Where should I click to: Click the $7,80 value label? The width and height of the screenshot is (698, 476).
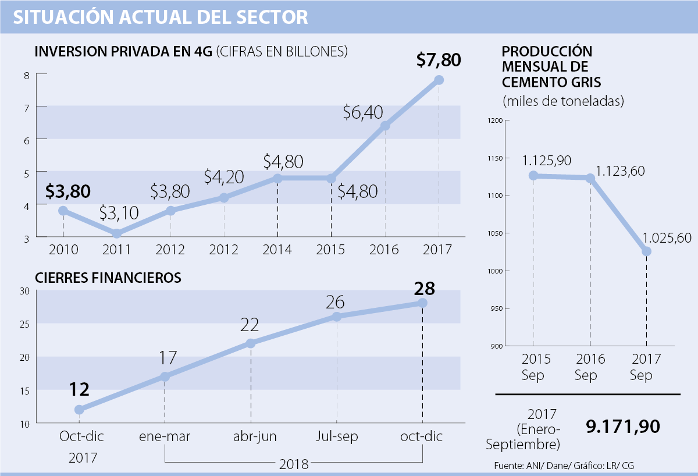click(439, 59)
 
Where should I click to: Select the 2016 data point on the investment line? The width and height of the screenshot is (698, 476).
click(385, 126)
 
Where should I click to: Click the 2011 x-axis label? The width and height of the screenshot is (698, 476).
click(117, 250)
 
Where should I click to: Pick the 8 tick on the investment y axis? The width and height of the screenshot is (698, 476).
click(27, 74)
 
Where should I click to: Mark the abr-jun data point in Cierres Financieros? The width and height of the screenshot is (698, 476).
click(251, 343)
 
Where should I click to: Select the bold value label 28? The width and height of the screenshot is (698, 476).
click(423, 288)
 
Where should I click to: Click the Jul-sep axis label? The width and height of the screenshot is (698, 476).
click(336, 436)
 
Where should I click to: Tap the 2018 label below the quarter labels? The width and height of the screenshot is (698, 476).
click(294, 465)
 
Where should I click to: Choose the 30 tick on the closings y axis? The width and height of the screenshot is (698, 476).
click(24, 291)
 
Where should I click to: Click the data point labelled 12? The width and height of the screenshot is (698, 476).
click(79, 410)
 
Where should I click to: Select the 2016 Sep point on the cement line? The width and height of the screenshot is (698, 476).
click(590, 178)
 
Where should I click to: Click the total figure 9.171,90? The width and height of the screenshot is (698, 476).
click(622, 427)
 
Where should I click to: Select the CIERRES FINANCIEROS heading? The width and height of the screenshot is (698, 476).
click(108, 278)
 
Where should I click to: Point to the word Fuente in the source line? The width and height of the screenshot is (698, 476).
click(507, 466)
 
